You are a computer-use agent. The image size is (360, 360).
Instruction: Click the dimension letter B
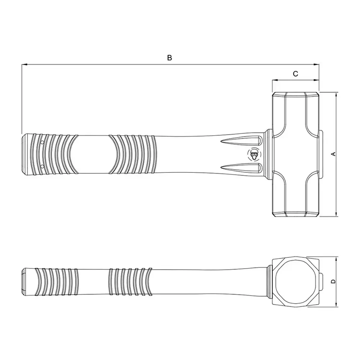(x=170, y=58)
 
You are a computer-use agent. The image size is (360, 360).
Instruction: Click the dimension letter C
(x=296, y=74)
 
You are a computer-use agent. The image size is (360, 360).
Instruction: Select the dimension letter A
(x=334, y=154)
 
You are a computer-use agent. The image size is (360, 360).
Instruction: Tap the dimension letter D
(x=334, y=282)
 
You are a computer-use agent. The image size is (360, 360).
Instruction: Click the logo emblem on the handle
(x=254, y=154)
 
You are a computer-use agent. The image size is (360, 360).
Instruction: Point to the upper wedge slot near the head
(x=241, y=141)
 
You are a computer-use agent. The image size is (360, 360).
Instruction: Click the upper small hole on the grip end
(x=42, y=142)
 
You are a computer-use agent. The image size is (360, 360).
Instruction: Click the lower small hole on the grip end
(x=42, y=166)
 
